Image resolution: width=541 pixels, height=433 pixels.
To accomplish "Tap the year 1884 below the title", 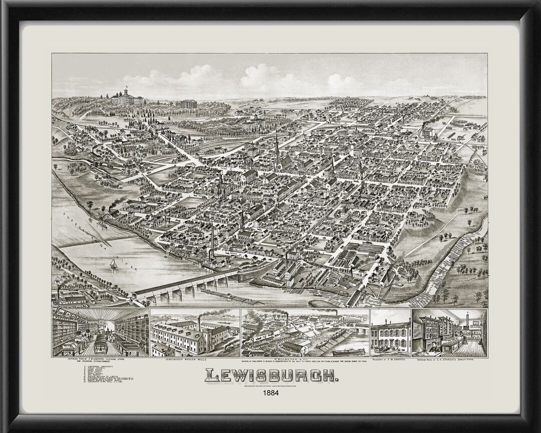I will coord(270,393).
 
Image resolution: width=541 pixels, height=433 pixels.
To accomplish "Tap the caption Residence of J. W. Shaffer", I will coord(391,360).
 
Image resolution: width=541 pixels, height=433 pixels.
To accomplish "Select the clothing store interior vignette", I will coord(101,333).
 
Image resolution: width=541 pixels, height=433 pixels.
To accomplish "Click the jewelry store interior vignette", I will coord(449,333).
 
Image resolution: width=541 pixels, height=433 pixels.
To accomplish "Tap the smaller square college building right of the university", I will coord(188,104).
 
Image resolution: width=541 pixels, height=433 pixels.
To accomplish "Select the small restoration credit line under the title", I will coord(270,386).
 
